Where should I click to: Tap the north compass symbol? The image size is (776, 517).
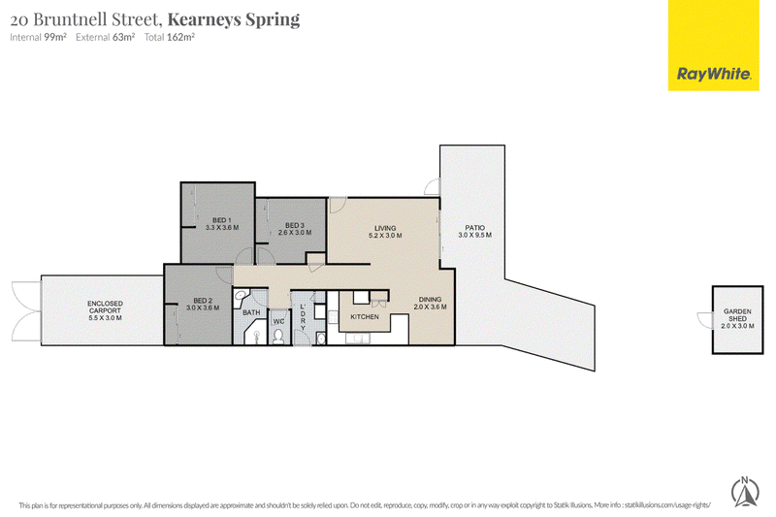pyautogui.click(x=745, y=491)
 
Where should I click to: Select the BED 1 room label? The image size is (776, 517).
pyautogui.click(x=222, y=220)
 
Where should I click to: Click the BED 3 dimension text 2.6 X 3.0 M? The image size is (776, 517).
pyautogui.click(x=295, y=233)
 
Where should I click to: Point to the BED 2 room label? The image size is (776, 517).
pyautogui.click(x=203, y=301)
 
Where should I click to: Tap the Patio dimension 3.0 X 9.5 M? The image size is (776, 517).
pyautogui.click(x=475, y=235)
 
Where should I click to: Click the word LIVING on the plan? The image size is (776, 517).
pyautogui.click(x=385, y=228)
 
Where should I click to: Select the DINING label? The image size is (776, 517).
pyautogui.click(x=430, y=300)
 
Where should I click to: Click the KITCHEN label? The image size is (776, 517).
pyautogui.click(x=365, y=316)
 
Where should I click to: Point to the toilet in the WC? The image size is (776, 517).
pyautogui.click(x=278, y=337)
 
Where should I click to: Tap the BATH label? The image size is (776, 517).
pyautogui.click(x=251, y=312)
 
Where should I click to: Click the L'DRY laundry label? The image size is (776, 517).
pyautogui.click(x=303, y=317)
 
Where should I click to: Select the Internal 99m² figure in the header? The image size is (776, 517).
pyautogui.click(x=38, y=37)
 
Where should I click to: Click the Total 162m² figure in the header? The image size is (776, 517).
pyautogui.click(x=169, y=37)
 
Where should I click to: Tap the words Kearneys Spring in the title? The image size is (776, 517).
pyautogui.click(x=234, y=19)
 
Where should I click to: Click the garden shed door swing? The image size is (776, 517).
pyautogui.click(x=705, y=320)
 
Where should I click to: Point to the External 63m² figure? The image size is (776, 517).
pyautogui.click(x=106, y=37)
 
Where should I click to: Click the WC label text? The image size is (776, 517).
pyautogui.click(x=278, y=322)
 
